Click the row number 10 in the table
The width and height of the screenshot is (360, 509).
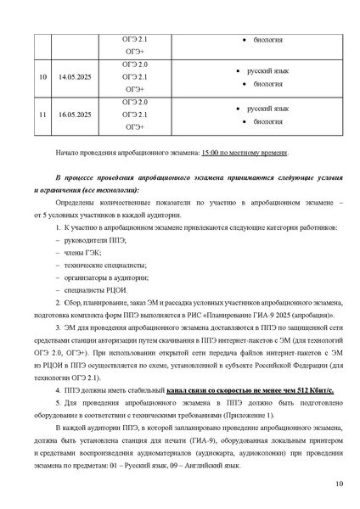[42, 77]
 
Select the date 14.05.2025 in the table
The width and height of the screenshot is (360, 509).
[75, 77]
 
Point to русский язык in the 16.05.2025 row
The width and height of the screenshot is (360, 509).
[267, 109]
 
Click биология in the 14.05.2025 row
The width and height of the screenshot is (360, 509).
[268, 84]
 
